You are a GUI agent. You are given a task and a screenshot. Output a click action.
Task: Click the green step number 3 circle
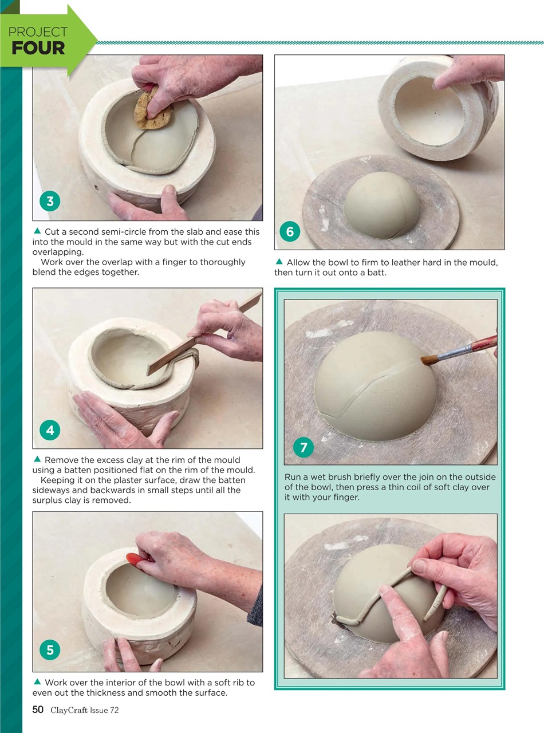click(50, 202)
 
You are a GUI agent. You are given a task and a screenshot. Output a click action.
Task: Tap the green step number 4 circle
click(50, 430)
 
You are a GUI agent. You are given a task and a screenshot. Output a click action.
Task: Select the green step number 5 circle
click(50, 650)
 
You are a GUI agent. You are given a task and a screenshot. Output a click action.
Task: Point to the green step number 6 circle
click(290, 231)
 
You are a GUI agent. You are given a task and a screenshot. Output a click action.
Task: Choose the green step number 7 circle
click(303, 447)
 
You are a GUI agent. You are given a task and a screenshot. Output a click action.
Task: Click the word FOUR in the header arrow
click(38, 48)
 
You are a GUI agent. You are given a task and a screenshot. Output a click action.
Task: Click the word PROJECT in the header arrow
click(38, 32)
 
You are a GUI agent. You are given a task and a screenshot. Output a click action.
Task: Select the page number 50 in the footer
click(38, 710)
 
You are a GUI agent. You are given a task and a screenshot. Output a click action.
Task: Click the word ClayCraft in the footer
click(69, 711)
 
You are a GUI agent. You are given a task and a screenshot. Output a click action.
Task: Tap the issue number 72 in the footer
click(113, 711)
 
